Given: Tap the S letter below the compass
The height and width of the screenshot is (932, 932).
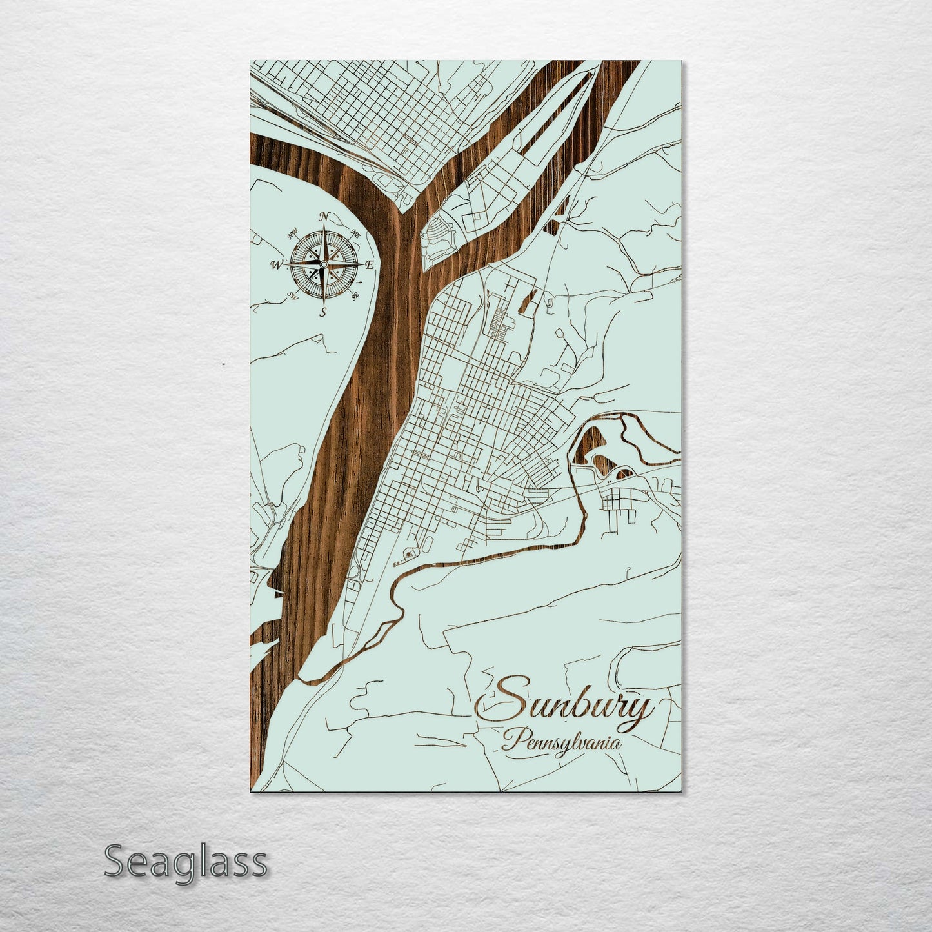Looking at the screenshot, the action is [x=323, y=312].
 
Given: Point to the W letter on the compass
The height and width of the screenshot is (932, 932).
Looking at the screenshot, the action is [x=276, y=264].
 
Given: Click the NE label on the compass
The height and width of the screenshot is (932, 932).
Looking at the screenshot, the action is [x=354, y=233].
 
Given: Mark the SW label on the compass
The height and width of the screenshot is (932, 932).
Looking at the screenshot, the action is [x=292, y=296].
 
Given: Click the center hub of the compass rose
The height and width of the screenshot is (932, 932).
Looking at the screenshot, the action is [x=323, y=264].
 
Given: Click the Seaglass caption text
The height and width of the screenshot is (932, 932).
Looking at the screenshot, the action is [x=185, y=862].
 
